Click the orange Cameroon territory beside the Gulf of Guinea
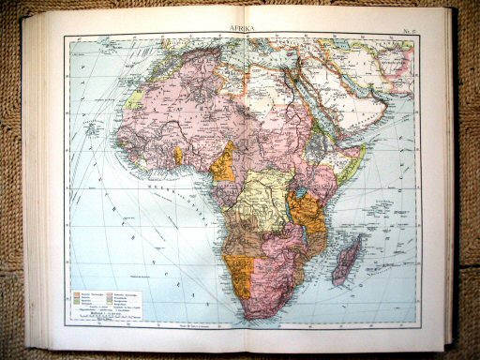tap(223, 166)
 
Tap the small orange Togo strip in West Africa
tap(178, 155)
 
